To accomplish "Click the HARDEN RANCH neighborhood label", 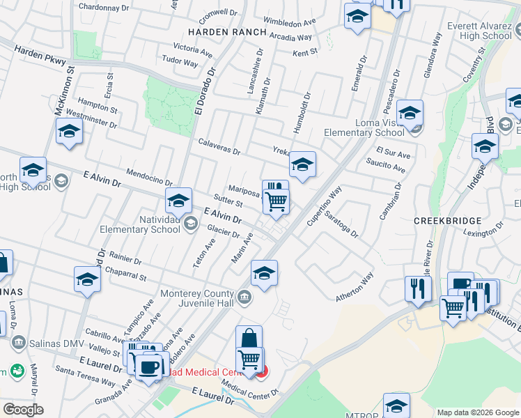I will coord(226,32).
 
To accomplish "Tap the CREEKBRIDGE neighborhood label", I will coord(448,221).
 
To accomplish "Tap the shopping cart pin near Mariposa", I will coord(277,201).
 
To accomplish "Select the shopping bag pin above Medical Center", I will coord(249,339).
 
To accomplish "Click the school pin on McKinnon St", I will coord(69,132).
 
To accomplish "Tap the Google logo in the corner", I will coord(23,410).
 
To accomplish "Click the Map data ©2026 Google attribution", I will coord(477,412).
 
